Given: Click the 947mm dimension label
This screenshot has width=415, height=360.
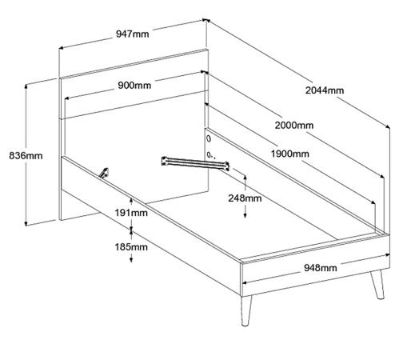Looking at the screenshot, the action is (133, 34).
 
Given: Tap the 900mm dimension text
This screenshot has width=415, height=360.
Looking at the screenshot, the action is (134, 86).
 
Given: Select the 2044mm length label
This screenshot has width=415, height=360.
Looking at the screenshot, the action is (325, 90).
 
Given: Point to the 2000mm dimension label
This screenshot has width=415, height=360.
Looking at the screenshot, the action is (294, 125).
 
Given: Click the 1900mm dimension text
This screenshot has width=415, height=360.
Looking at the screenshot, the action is (290, 154).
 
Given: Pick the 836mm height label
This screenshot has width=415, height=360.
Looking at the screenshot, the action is (26, 155).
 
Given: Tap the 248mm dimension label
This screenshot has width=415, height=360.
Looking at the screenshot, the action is (245, 198).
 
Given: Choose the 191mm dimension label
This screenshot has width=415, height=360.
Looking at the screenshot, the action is (131, 213).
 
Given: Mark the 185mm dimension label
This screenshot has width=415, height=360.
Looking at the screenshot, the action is (131, 247).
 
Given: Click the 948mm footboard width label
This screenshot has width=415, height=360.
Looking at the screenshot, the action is (321, 268).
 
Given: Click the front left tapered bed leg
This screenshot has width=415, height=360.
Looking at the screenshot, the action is (245, 310).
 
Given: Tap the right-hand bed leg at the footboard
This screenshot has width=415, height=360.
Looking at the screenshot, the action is (377, 284).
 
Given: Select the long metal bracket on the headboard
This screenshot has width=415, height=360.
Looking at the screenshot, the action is (195, 163).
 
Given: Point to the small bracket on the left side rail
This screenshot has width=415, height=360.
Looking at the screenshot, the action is (104, 173).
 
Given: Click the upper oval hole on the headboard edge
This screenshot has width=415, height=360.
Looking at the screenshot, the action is (209, 138).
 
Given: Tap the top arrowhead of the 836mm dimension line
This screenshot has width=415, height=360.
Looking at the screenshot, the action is (26, 86).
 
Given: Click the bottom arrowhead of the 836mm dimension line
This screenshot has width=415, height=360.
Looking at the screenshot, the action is (26, 223).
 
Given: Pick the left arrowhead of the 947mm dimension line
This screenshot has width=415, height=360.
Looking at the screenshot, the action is (61, 48).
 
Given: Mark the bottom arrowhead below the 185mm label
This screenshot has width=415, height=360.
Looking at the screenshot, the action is (131, 259).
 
